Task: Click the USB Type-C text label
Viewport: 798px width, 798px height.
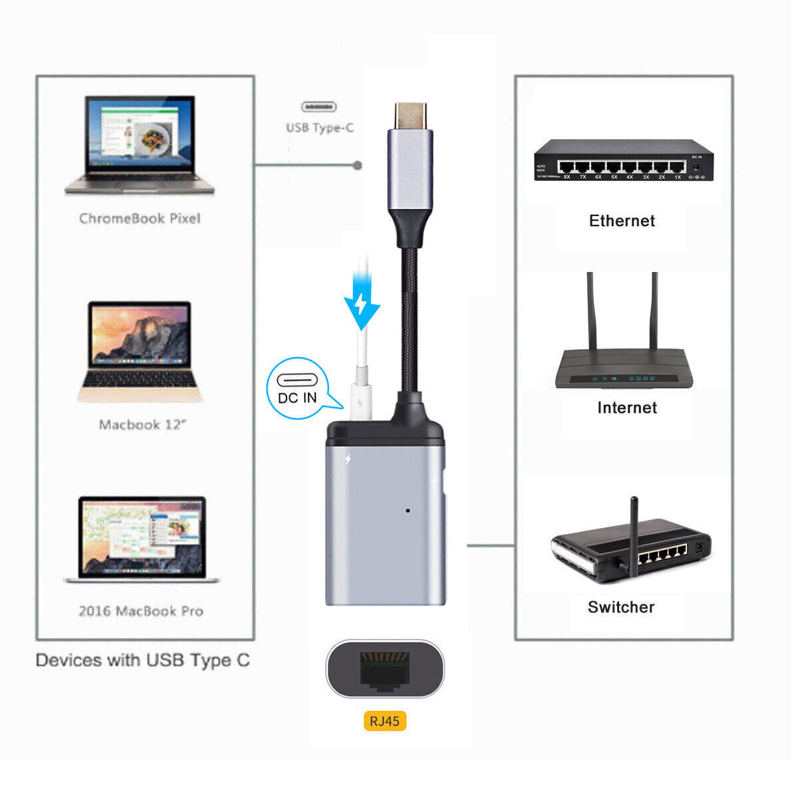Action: tap(319, 128)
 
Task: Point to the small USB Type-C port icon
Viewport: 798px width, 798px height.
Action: tap(319, 106)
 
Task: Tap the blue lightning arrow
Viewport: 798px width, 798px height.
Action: tap(361, 305)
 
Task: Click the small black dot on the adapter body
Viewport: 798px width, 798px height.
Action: tap(407, 511)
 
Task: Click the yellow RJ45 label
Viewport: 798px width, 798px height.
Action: tap(385, 722)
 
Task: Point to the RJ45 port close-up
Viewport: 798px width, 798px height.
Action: tap(384, 669)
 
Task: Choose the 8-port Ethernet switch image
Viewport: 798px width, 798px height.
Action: tap(623, 160)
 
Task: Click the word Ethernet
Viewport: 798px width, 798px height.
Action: tap(622, 221)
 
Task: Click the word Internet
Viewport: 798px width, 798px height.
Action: tap(626, 408)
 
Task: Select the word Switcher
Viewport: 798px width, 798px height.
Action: tap(621, 607)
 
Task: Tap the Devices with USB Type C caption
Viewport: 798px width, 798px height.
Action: tap(143, 660)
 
